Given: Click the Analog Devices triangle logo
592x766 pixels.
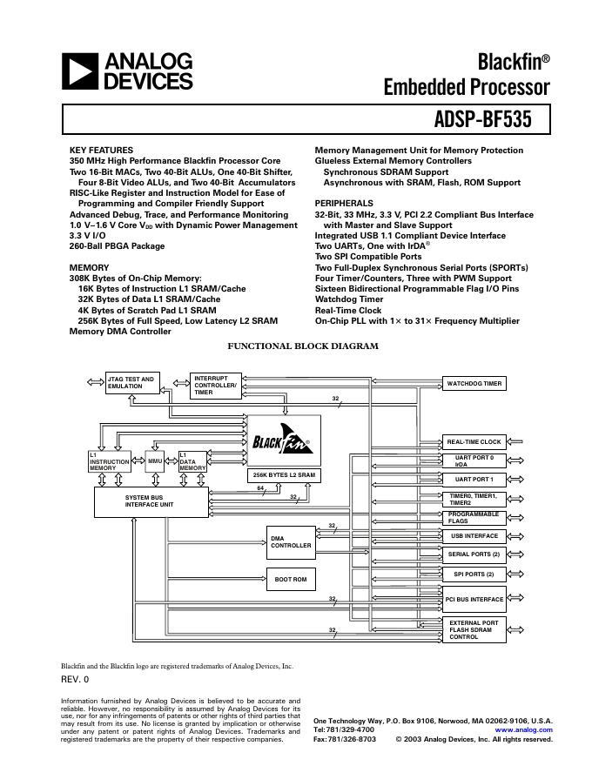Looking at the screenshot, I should point(81,71).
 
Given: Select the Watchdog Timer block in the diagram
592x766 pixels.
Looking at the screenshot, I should point(474,384).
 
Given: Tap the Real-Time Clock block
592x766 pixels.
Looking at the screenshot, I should point(474,442).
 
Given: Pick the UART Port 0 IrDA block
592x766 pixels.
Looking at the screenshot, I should point(474,460).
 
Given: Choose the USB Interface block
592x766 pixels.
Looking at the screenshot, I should point(474,536).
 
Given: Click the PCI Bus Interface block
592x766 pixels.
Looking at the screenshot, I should point(474,599).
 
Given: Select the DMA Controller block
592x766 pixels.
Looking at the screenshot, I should point(291,541).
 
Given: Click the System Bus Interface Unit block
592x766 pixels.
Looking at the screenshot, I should point(151,501).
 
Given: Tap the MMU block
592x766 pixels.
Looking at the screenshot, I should point(156,460).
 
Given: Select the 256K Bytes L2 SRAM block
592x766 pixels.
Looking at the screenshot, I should point(284,476).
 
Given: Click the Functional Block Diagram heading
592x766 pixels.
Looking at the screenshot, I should point(302,346).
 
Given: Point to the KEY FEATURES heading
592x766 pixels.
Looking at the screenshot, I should point(101,151).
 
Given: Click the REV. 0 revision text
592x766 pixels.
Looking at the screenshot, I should point(75,680).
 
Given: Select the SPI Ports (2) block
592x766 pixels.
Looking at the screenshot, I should point(474,574).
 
